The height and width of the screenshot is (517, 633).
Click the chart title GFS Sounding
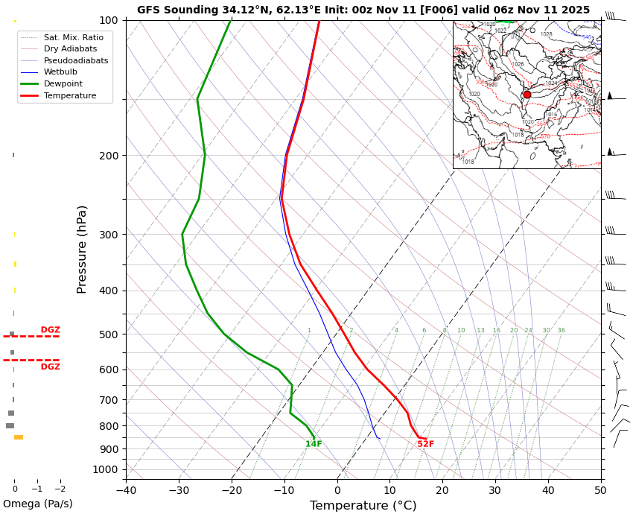pyautogui.click(x=363, y=10)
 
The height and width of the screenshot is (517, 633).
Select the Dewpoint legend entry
pyautogui.click(x=63, y=84)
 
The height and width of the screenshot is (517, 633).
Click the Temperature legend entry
pyautogui.click(x=69, y=96)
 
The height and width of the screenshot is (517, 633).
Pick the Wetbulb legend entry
pyautogui.click(x=60, y=72)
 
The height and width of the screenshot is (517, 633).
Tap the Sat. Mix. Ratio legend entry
pyautogui.click(x=73, y=37)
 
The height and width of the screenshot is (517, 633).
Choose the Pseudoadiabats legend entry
pyautogui.click(x=75, y=60)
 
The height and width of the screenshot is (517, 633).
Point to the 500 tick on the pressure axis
pyautogui.click(x=109, y=334)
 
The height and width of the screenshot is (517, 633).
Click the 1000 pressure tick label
pyautogui.click(x=106, y=469)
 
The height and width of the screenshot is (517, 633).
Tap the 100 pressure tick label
pyautogui.click(x=109, y=20)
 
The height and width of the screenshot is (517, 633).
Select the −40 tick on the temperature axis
pyautogui.click(x=126, y=490)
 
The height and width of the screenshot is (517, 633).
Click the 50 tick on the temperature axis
pyautogui.click(x=600, y=490)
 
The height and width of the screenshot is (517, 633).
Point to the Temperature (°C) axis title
pyautogui.click(x=363, y=506)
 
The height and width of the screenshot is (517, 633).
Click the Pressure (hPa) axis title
pyautogui.click(x=82, y=249)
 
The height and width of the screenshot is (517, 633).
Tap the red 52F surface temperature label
pyautogui.click(x=425, y=444)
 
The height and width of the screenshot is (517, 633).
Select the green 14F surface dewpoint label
pyautogui.click(x=314, y=444)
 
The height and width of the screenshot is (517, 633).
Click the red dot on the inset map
pyautogui.click(x=527, y=95)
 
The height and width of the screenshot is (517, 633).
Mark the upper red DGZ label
pyautogui.click(x=50, y=330)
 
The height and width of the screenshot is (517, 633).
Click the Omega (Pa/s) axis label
pyautogui.click(x=37, y=504)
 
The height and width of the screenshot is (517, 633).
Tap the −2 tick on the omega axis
pyautogui.click(x=60, y=489)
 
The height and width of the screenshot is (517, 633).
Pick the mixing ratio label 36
pyautogui.click(x=561, y=330)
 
